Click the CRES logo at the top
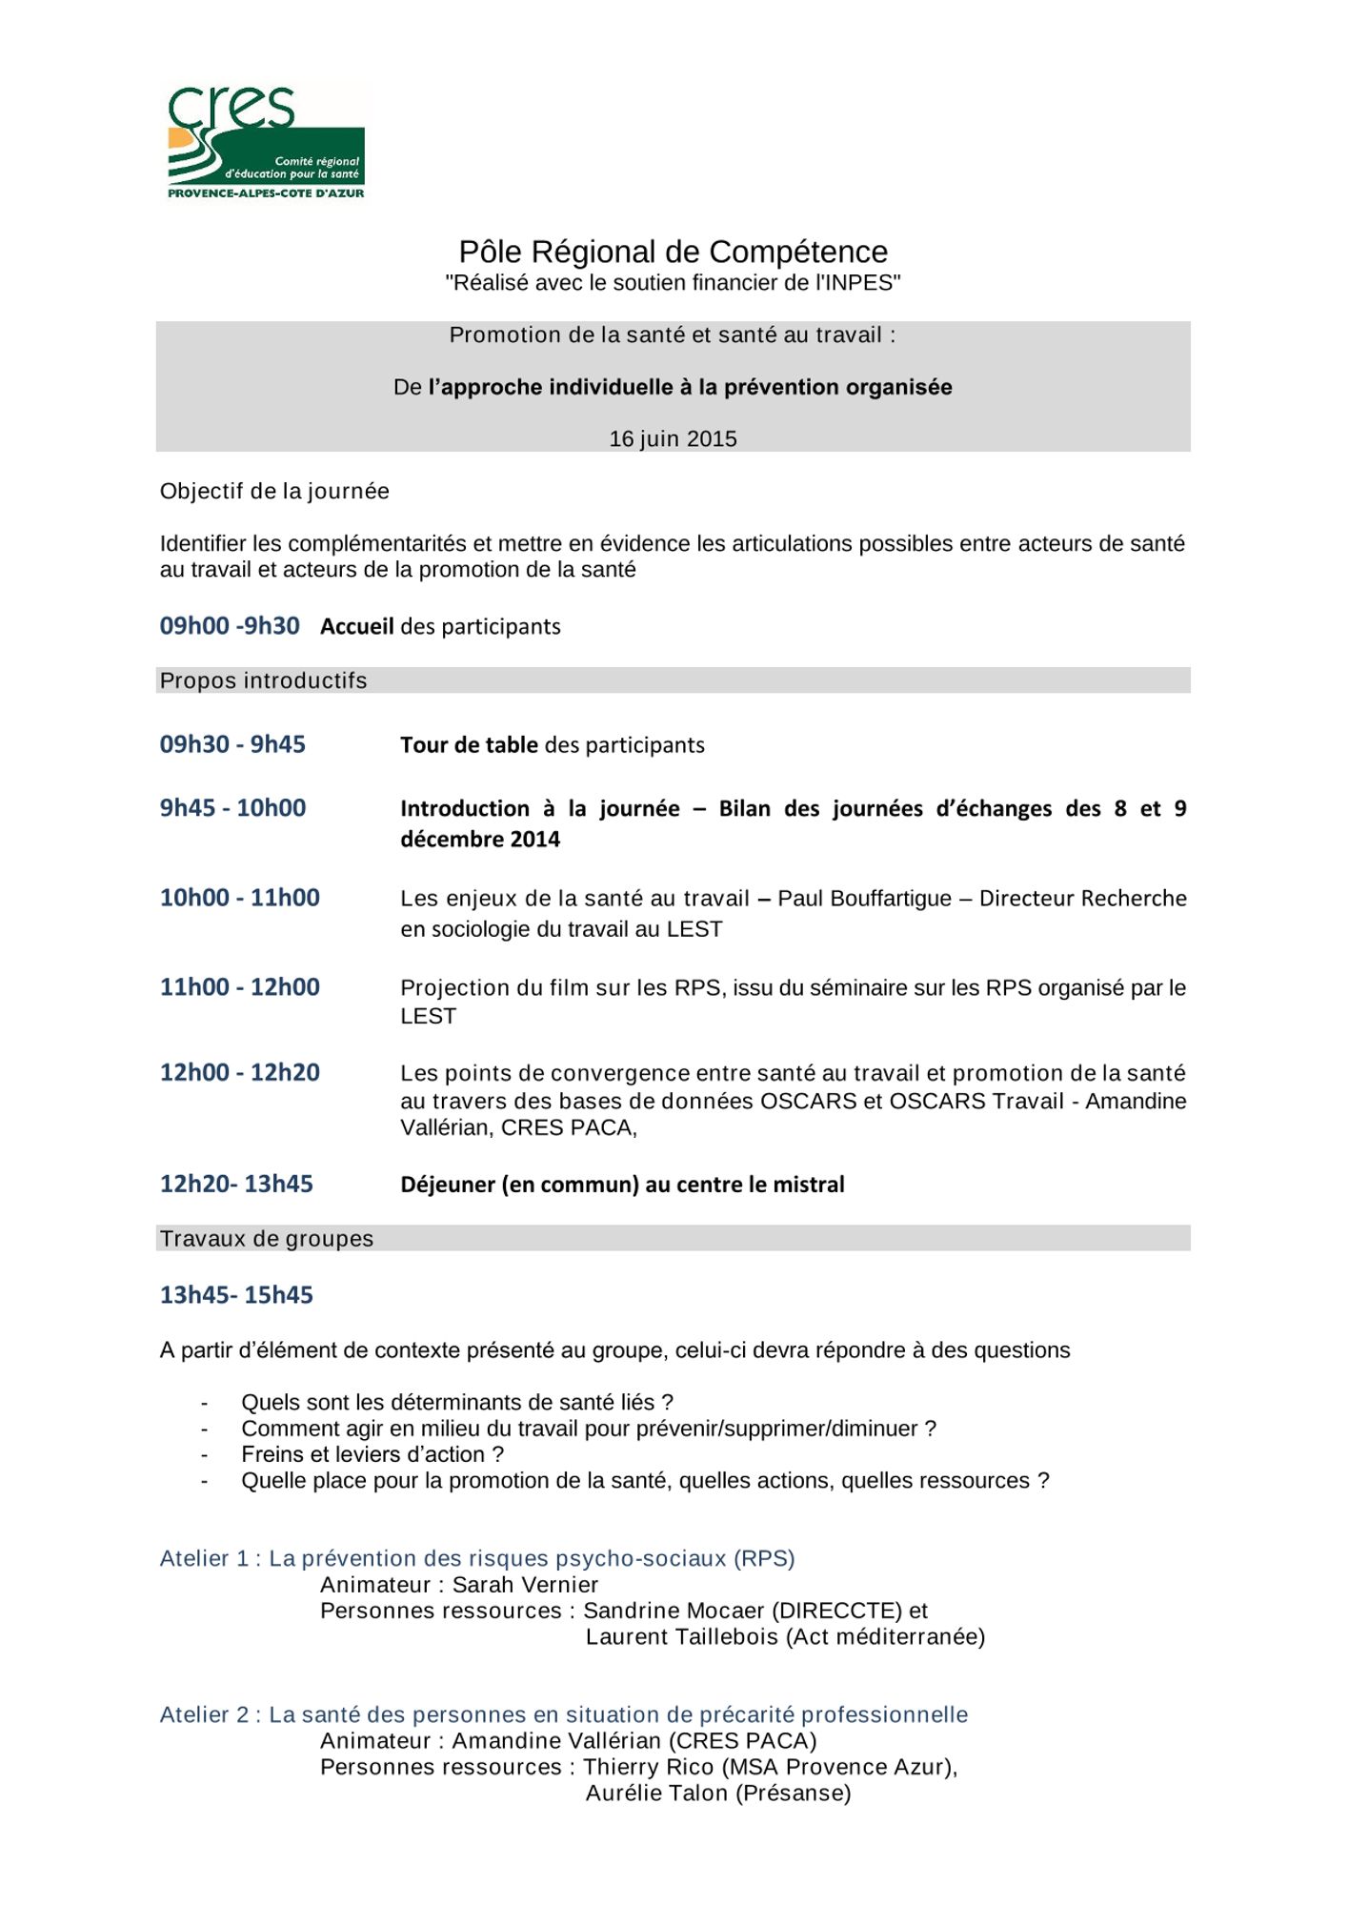[266, 142]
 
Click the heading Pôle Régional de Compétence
[673, 252]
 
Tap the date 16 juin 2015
[673, 439]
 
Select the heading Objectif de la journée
[274, 492]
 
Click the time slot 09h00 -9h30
[230, 626]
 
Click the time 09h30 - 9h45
[232, 744]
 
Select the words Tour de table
[469, 745]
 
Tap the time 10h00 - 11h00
[240, 898]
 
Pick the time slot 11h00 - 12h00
[240, 987]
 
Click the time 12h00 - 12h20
[240, 1073]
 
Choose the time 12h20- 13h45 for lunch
[236, 1185]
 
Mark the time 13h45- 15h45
[236, 1295]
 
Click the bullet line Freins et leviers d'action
[372, 1455]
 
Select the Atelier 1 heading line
[477, 1559]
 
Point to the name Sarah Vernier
[525, 1586]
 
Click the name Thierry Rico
[649, 1768]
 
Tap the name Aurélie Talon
[656, 1794]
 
